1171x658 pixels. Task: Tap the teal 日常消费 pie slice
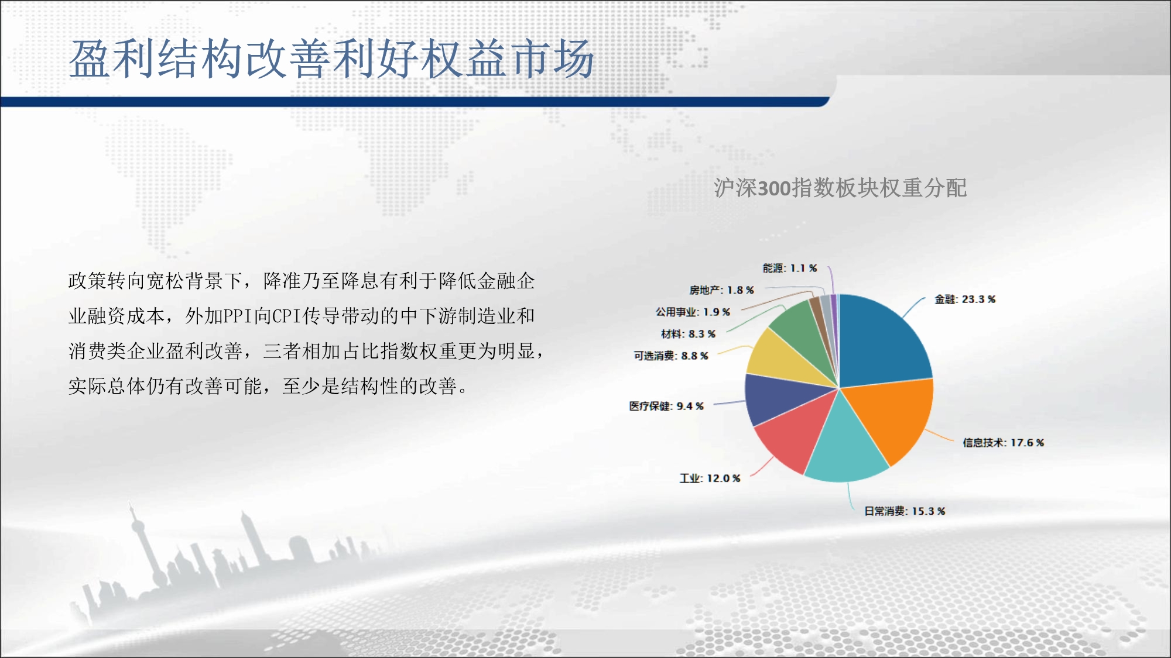[846, 445]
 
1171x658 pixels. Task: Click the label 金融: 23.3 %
[965, 299]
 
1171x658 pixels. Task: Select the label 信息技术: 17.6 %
[1004, 443]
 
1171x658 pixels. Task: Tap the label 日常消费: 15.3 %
[905, 511]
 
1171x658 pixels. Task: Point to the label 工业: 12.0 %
[710, 478]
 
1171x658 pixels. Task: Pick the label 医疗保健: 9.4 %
[666, 406]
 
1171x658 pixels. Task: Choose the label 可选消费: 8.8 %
[671, 356]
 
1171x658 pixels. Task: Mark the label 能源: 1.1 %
[790, 268]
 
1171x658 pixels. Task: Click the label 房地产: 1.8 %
[721, 290]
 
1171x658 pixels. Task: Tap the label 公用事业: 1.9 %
[693, 312]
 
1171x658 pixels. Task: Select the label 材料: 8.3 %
[689, 334]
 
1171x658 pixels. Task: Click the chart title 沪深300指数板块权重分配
[840, 188]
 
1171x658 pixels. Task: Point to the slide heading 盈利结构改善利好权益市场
[331, 59]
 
